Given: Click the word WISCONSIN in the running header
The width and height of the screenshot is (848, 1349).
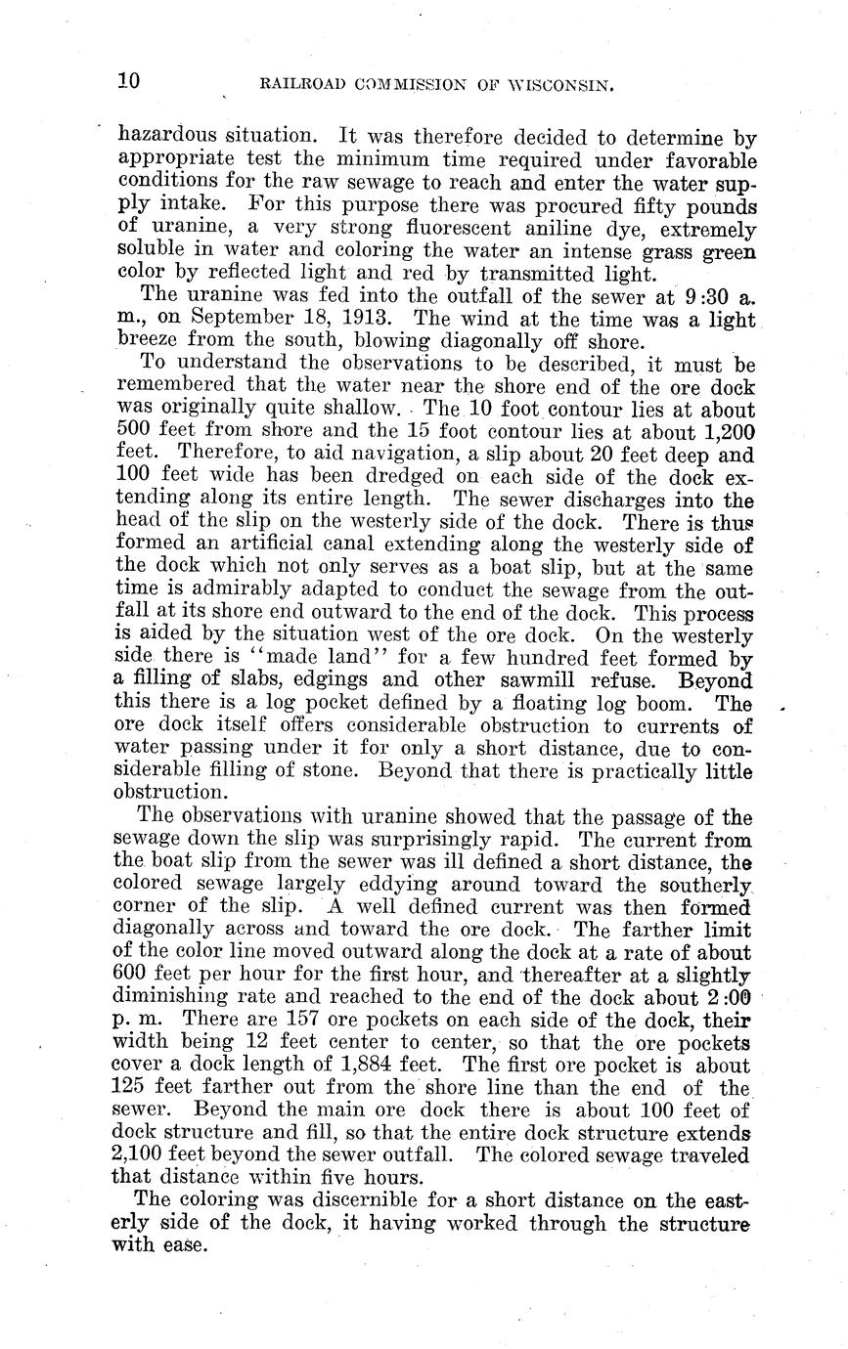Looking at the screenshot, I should (557, 86).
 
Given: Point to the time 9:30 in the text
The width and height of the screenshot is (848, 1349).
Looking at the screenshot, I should (696, 295).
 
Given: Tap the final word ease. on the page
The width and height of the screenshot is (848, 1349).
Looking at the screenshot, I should (187, 1245).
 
